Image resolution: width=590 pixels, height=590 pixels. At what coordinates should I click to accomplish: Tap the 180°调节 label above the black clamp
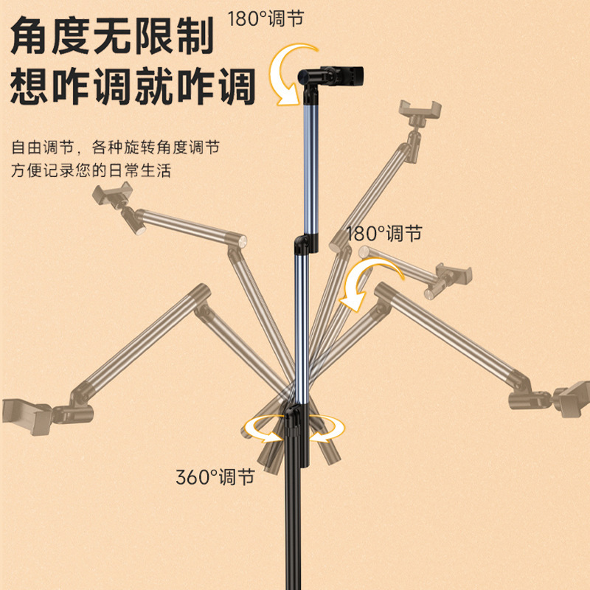coord(265,18)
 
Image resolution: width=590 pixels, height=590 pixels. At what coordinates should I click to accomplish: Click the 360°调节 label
coord(215,477)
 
